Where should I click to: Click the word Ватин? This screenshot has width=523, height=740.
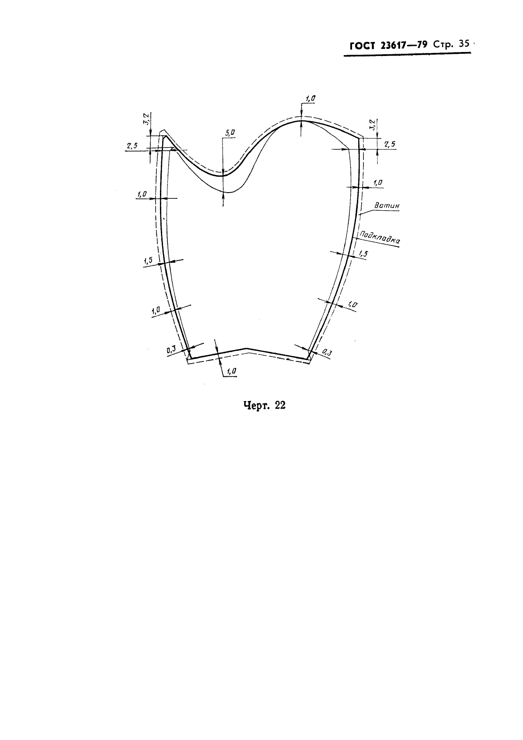(387, 205)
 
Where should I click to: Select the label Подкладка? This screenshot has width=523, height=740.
(380, 238)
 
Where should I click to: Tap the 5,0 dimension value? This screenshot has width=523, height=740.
(230, 133)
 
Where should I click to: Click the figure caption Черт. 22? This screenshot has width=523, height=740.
(264, 405)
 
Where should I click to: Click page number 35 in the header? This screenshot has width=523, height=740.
(464, 44)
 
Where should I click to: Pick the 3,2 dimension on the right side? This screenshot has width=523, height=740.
(373, 125)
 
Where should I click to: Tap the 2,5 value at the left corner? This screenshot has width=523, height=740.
(132, 146)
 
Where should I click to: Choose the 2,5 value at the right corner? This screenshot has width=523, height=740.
(389, 144)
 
